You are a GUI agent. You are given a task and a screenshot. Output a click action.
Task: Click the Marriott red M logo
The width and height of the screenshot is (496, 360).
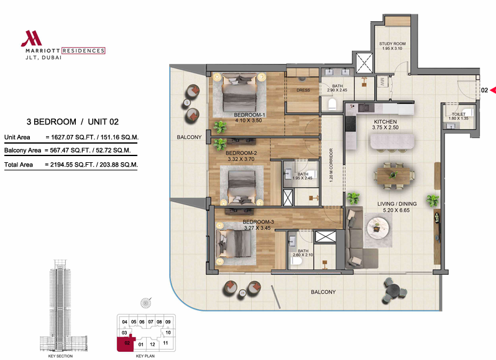(x=31, y=39)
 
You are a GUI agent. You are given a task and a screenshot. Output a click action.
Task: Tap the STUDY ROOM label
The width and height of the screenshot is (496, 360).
(x=392, y=44)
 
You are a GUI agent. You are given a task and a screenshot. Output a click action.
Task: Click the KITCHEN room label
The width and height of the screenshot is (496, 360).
(x=385, y=122)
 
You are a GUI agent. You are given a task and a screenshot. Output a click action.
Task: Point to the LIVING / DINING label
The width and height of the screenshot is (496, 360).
(x=397, y=204)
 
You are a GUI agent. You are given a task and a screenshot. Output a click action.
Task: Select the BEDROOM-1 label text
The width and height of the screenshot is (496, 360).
(x=249, y=115)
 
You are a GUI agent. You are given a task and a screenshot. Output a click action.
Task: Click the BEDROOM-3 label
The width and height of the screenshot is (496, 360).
(x=258, y=222)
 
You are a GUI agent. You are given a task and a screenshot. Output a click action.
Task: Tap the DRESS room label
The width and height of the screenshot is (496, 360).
(x=303, y=90)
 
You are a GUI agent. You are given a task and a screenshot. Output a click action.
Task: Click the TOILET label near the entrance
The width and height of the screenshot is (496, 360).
(x=458, y=114)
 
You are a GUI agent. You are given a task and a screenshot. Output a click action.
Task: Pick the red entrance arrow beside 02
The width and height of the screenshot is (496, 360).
(x=493, y=91)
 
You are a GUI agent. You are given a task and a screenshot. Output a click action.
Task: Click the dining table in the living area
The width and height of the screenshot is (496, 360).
(x=394, y=175)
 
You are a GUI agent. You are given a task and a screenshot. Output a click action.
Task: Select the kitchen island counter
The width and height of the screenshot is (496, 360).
(x=392, y=141)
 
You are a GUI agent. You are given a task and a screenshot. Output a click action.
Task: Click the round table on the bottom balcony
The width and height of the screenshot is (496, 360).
(x=393, y=290)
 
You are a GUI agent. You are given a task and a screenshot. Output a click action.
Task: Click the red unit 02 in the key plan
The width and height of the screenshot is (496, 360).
(x=126, y=344)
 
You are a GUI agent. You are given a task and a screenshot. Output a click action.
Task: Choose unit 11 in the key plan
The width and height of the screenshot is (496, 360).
(x=165, y=343)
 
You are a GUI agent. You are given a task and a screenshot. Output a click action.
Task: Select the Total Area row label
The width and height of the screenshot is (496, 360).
(x=19, y=165)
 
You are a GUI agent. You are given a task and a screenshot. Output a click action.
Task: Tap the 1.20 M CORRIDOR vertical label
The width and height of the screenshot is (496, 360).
(x=331, y=165)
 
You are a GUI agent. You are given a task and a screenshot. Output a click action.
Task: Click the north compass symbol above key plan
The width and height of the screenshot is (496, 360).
(x=146, y=303)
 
